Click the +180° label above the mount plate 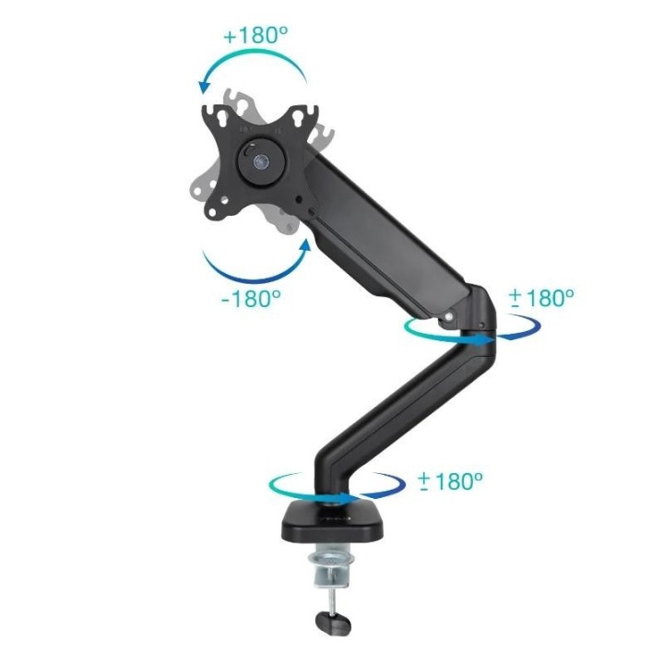tap(255, 37)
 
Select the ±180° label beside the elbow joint tap(541, 297)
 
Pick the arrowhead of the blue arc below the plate tap(305, 246)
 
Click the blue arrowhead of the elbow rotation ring tap(488, 339)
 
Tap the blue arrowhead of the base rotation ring tap(351, 498)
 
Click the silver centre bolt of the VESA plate tap(259, 159)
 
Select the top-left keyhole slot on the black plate tap(219, 114)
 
